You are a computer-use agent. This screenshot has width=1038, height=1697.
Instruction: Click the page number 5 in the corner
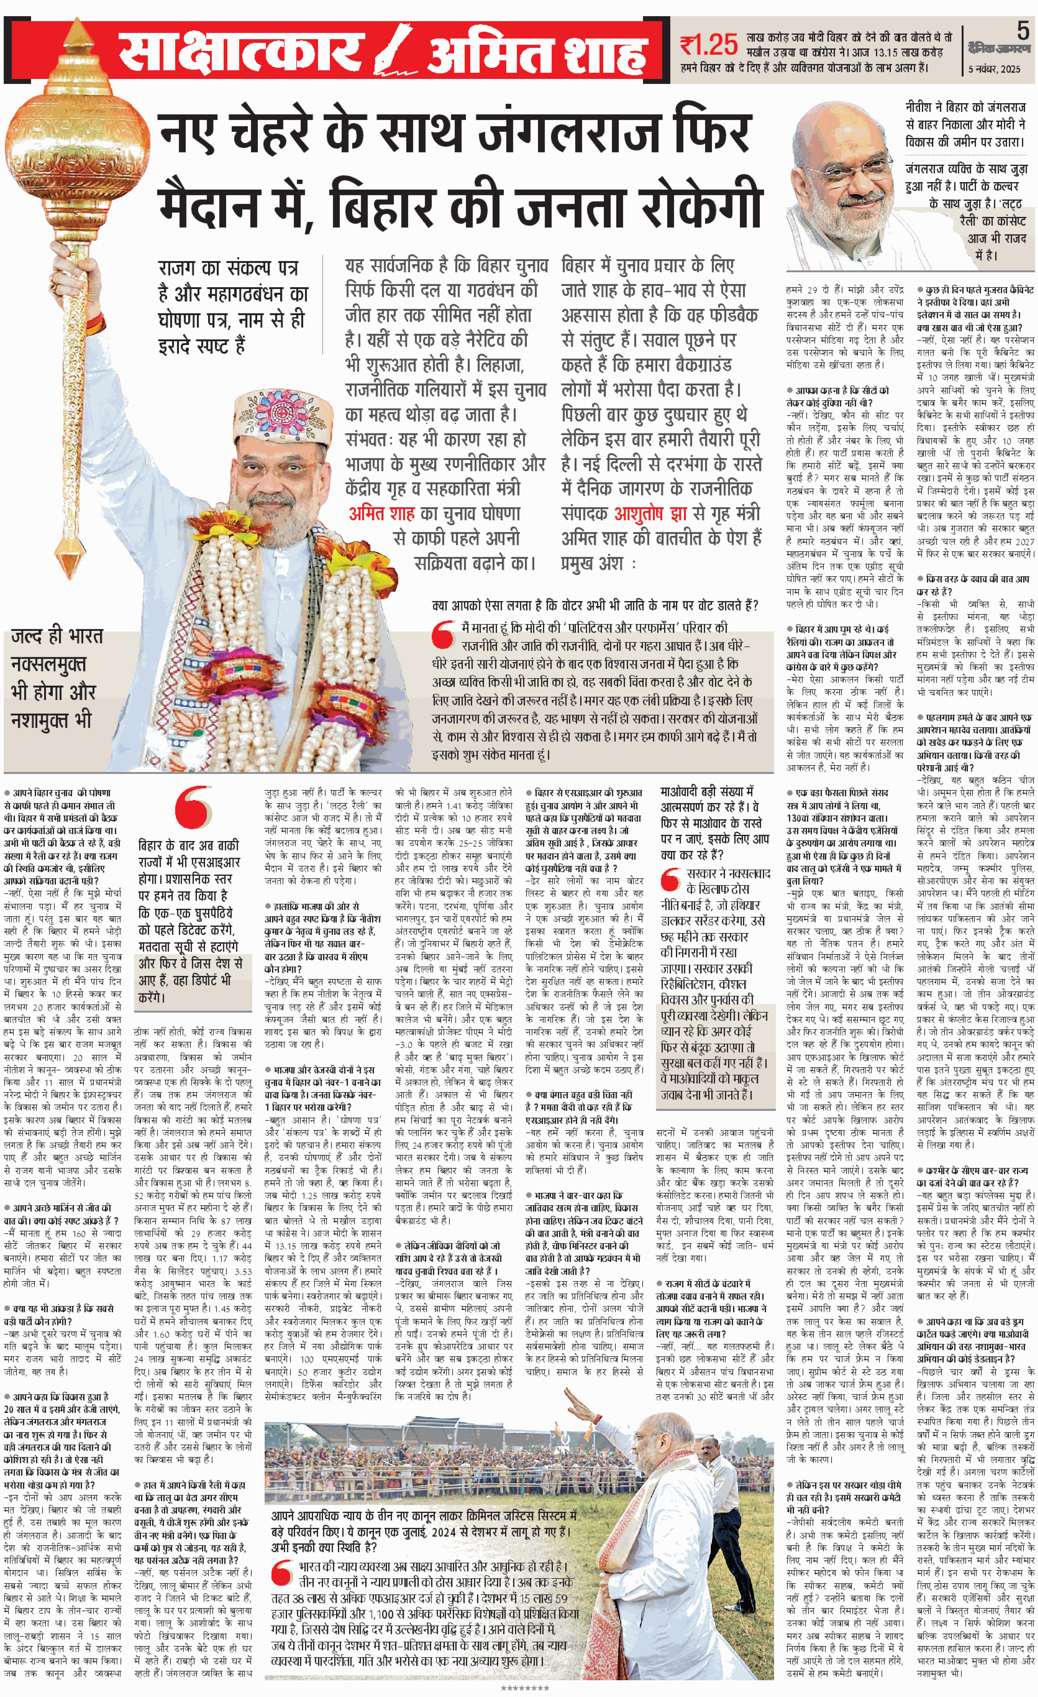pyautogui.click(x=1022, y=31)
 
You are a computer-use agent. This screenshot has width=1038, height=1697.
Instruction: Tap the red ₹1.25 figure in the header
pyautogui.click(x=708, y=45)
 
